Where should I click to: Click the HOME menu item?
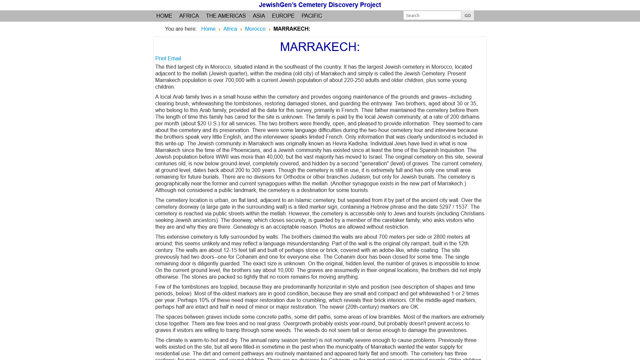click(164, 16)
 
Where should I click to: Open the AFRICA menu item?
click(189, 16)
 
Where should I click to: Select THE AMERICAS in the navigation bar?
click(226, 16)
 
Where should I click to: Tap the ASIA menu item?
click(259, 16)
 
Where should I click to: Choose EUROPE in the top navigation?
click(283, 16)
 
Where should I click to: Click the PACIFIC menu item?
click(312, 16)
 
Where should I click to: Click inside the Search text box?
click(432, 15)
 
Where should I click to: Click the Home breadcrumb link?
click(208, 29)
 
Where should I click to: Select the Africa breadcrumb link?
click(230, 29)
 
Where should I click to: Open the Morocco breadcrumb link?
click(255, 29)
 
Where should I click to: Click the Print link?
click(161, 59)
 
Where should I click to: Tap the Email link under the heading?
click(174, 59)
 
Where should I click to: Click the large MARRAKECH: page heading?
click(320, 47)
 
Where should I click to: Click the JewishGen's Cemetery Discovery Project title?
click(320, 5)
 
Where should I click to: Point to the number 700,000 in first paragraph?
click(235, 80)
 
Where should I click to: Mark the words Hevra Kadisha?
click(350, 144)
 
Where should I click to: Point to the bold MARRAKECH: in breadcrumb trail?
click(292, 29)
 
